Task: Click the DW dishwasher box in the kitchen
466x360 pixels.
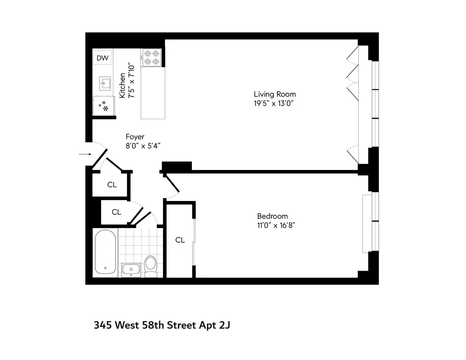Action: pyautogui.click(x=103, y=58)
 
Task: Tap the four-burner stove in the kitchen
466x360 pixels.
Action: pyautogui.click(x=151, y=57)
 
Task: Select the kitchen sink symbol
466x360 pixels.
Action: pyautogui.click(x=105, y=83)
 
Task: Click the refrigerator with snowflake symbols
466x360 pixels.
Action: pyautogui.click(x=104, y=106)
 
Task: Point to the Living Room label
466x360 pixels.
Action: pyautogui.click(x=275, y=94)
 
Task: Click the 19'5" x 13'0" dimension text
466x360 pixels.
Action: pyautogui.click(x=275, y=103)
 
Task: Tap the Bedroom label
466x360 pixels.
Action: pyautogui.click(x=273, y=216)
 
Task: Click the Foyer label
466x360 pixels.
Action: pyautogui.click(x=135, y=137)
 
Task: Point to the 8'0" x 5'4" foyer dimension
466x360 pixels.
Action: pyautogui.click(x=143, y=146)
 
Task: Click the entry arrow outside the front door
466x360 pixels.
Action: pyautogui.click(x=84, y=155)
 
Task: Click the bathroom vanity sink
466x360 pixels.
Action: pyautogui.click(x=132, y=269)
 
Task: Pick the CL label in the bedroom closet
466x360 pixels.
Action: pyautogui.click(x=180, y=240)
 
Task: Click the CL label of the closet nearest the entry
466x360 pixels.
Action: pyautogui.click(x=112, y=185)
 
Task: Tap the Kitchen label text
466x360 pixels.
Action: pyautogui.click(x=122, y=85)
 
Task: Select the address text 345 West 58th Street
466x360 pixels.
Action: pyautogui.click(x=162, y=325)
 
